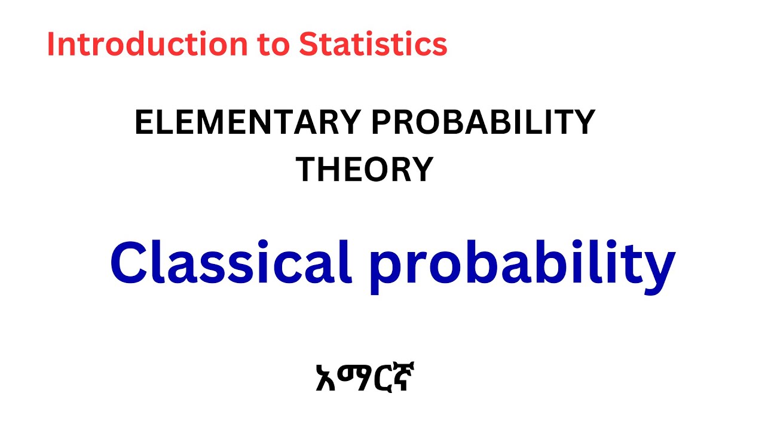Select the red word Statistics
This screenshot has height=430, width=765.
(x=373, y=45)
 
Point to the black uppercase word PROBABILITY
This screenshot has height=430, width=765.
(x=484, y=123)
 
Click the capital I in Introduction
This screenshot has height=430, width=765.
(x=51, y=45)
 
